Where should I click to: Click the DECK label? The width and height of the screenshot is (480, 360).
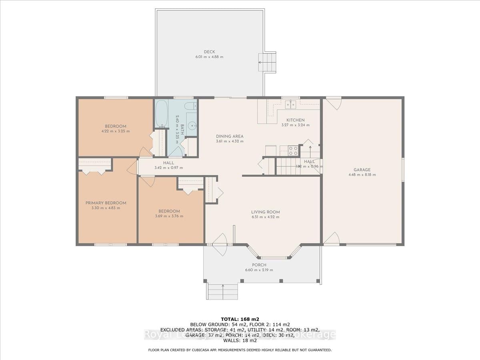tap(209, 52)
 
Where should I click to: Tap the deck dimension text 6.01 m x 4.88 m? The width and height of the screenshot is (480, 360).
tap(209, 57)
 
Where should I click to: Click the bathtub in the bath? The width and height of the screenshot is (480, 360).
tap(162, 114)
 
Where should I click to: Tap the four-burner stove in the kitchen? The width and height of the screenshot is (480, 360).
tap(293, 150)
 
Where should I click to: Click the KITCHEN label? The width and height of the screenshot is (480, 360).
tap(295, 120)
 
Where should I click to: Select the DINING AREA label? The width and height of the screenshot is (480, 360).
tap(230, 136)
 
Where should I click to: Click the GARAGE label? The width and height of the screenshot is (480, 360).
tap(362, 169)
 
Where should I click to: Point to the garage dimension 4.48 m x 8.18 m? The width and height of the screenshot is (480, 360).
tap(362, 174)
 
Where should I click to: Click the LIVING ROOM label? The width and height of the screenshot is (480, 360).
tap(265, 212)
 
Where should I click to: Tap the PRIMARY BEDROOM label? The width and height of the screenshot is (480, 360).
tap(106, 203)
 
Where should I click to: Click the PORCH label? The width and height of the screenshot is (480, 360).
tap(259, 265)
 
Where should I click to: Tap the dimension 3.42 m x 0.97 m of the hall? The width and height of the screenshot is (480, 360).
tap(168, 168)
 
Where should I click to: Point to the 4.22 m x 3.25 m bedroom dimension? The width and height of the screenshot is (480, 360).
tap(116, 131)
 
